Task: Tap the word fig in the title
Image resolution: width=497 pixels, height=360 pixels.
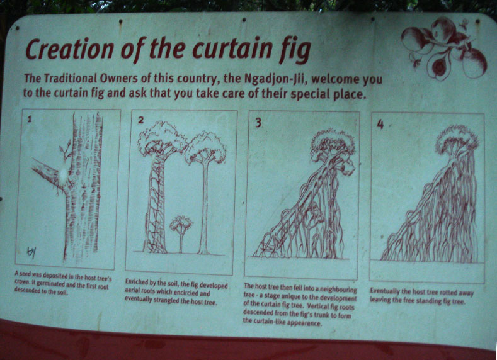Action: (x=294, y=50)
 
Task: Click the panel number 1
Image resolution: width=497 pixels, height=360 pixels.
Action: (x=29, y=119)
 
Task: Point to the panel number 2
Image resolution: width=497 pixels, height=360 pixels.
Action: (x=140, y=120)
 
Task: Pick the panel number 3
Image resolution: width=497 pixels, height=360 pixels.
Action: (x=258, y=122)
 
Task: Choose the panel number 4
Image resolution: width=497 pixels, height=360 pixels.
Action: (x=380, y=124)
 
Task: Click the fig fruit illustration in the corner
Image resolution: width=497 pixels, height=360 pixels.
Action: (x=444, y=47)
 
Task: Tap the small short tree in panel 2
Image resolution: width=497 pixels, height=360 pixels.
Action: (x=181, y=233)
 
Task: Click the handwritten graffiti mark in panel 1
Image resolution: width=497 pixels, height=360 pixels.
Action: (x=31, y=252)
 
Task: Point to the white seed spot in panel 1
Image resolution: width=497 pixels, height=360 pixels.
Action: (x=64, y=173)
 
